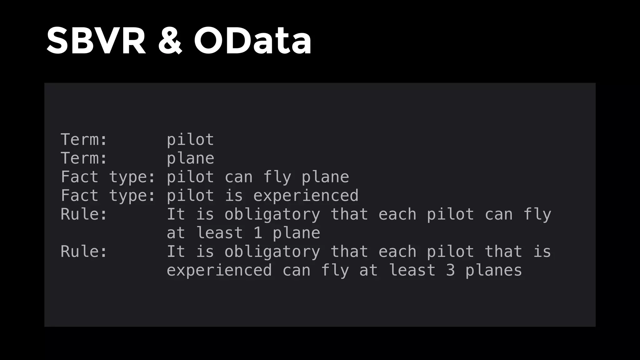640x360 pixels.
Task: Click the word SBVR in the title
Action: (x=96, y=41)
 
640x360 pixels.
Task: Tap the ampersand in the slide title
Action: (x=170, y=41)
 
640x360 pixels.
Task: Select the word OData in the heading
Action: (x=252, y=41)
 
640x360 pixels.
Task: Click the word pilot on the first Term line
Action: (x=190, y=139)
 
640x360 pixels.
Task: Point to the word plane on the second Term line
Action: (x=190, y=158)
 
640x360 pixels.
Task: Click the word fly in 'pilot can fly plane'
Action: (x=277, y=177)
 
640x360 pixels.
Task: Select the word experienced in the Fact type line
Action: (x=306, y=196)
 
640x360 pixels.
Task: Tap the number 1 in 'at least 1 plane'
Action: (x=258, y=233)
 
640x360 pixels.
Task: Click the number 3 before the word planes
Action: (x=450, y=270)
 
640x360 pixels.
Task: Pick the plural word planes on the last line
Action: (x=493, y=270)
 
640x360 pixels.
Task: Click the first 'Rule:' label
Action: (x=84, y=214)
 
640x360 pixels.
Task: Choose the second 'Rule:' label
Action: (x=84, y=252)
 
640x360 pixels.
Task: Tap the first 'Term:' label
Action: (x=84, y=139)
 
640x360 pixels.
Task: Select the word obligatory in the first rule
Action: (x=272, y=214)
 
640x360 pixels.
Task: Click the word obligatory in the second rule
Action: (x=272, y=252)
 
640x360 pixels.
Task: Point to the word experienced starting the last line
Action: (x=219, y=270)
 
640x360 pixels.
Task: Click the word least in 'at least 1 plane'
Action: (x=219, y=233)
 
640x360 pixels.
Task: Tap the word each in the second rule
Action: (x=397, y=252)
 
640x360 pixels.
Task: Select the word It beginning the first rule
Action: (x=176, y=214)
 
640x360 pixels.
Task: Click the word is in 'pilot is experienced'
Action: (x=233, y=196)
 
